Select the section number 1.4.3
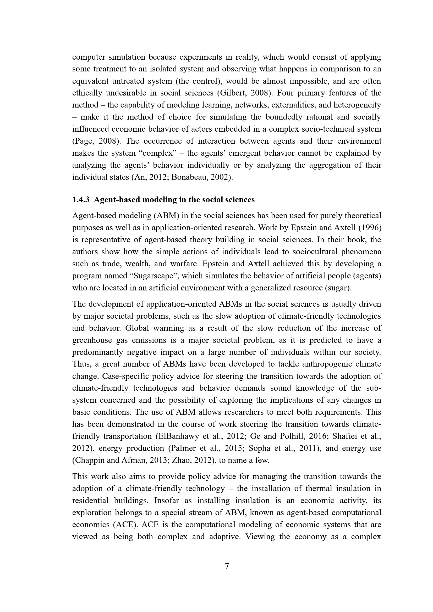(81, 200)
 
